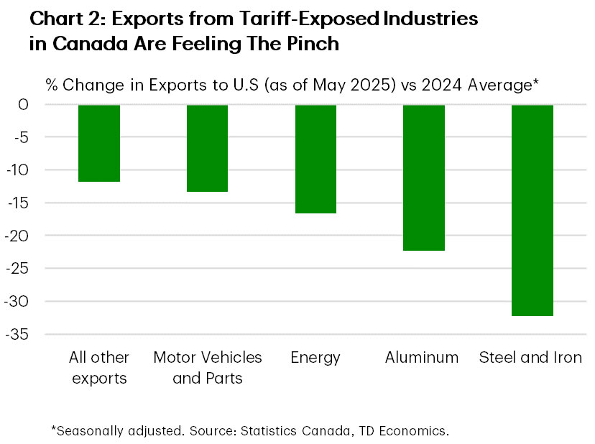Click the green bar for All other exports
click(99, 143)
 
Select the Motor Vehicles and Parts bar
click(207, 148)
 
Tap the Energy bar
click(315, 159)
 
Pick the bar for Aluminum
click(424, 177)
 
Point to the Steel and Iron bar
click(532, 210)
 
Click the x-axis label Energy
click(315, 357)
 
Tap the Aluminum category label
click(422, 357)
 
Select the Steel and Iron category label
click(530, 357)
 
